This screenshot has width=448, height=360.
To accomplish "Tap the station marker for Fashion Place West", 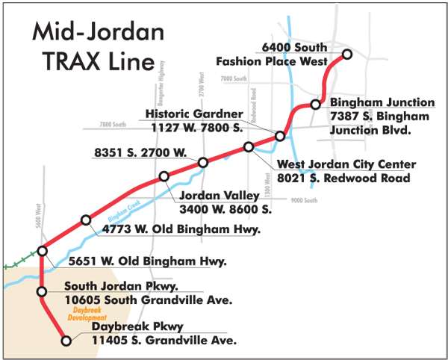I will click(x=346, y=54).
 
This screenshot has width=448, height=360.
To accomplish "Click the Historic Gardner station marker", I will click(x=280, y=136).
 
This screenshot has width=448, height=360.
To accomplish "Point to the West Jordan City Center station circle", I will click(x=249, y=147).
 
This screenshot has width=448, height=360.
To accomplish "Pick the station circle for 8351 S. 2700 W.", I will click(x=202, y=163).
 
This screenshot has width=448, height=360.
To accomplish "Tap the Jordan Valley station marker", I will click(x=164, y=177).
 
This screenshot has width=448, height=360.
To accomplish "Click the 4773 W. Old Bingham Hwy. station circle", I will click(x=86, y=220).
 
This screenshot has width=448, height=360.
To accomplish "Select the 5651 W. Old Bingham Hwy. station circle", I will click(x=43, y=251).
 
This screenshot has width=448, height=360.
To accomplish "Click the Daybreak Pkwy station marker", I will click(x=66, y=341).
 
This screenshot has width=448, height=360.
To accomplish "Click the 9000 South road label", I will click(x=305, y=201).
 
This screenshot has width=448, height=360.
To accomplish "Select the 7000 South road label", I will click(x=233, y=78).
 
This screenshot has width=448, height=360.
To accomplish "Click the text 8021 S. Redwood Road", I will click(x=343, y=178).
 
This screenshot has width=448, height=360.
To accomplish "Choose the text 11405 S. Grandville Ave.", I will click(x=164, y=341).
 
